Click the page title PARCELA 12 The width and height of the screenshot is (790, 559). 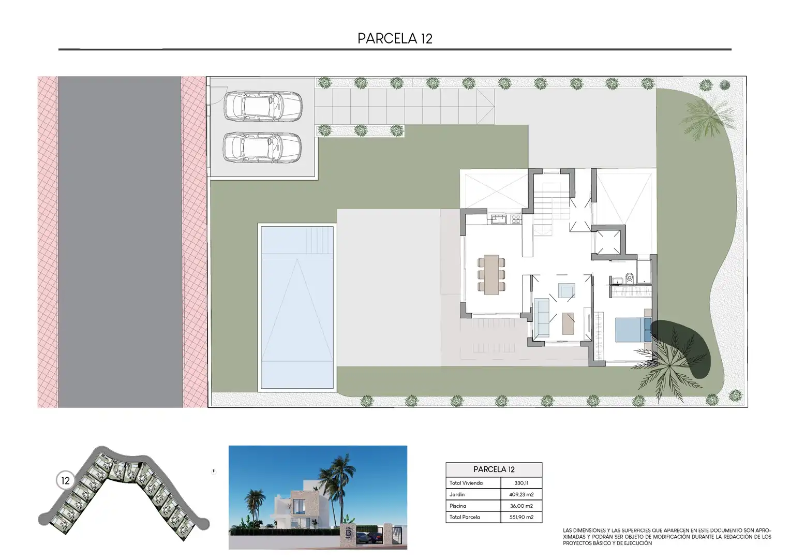395,38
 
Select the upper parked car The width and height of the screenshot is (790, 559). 263,106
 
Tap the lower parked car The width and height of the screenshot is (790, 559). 262,148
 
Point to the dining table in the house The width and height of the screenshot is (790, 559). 491,274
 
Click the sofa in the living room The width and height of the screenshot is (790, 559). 542,317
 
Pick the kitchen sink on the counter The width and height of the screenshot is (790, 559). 499,219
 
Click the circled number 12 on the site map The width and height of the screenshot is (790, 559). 65,480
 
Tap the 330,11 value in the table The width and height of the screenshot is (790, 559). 521,483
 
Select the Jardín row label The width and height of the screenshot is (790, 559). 457,494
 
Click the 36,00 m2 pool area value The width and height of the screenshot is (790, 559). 521,506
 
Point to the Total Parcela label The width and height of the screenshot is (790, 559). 465,517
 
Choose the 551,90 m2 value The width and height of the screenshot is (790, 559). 521,517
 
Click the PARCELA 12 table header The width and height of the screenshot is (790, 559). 494,469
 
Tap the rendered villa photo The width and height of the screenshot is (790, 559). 318,497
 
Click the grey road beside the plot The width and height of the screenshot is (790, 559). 120,242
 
